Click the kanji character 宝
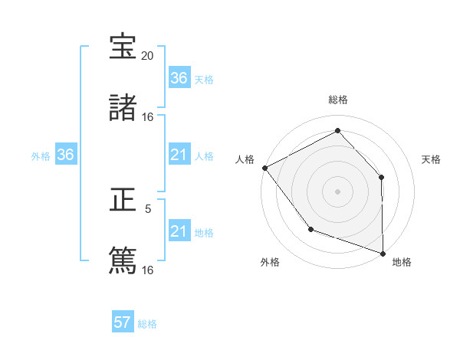(x=123, y=47)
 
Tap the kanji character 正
(x=123, y=201)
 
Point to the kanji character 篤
(x=123, y=260)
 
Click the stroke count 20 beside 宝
(x=148, y=57)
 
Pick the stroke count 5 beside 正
(x=148, y=208)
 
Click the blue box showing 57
(x=123, y=322)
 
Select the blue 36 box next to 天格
(x=179, y=78)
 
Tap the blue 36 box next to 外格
(x=66, y=155)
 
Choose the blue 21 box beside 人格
(x=179, y=155)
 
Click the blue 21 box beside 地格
(x=179, y=231)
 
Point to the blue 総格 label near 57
(x=147, y=324)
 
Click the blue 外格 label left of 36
(x=41, y=155)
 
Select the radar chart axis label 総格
(x=338, y=100)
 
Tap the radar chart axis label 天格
(x=432, y=159)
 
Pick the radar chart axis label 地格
(x=402, y=262)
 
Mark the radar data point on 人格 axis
(x=264, y=167)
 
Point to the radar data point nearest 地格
(x=383, y=253)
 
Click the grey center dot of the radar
(x=337, y=191)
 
